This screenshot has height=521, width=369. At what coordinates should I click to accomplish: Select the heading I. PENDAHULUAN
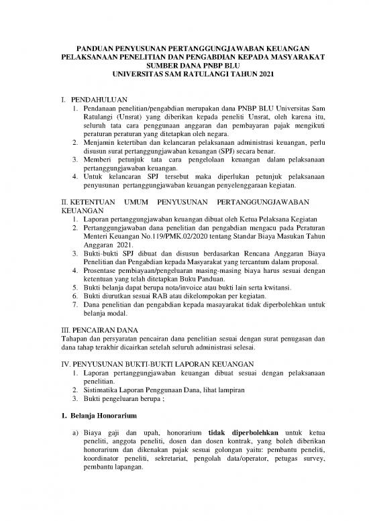click(91, 101)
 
